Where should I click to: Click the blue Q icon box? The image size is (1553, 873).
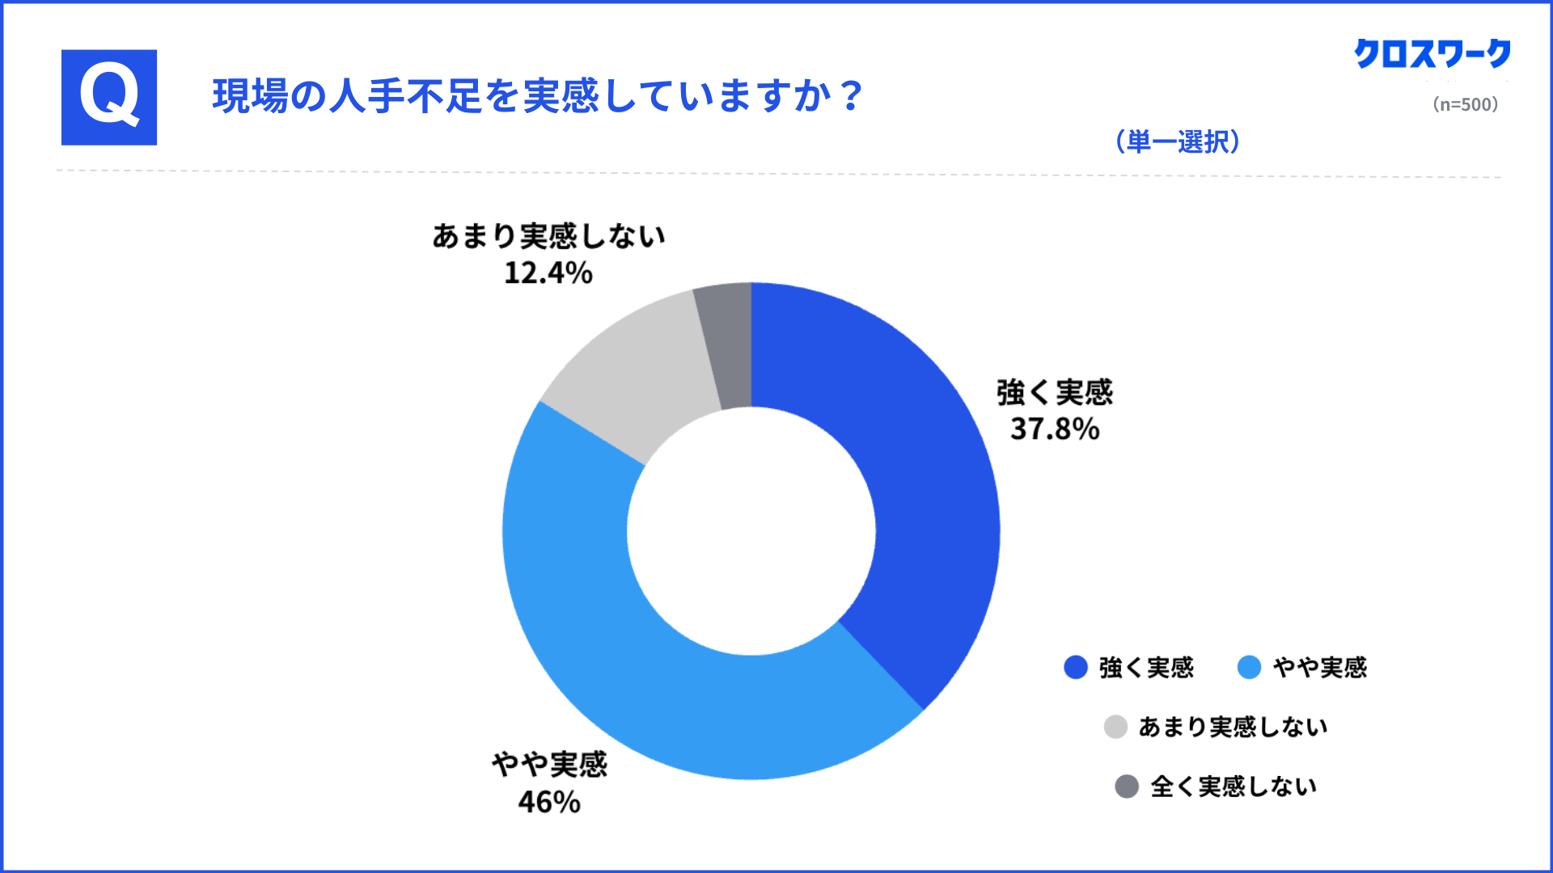pyautogui.click(x=109, y=98)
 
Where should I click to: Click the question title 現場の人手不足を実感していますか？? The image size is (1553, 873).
pyautogui.click(x=538, y=96)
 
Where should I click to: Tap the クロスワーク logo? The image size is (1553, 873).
pyautogui.click(x=1432, y=54)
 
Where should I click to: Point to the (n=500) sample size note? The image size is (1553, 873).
pyautogui.click(x=1465, y=104)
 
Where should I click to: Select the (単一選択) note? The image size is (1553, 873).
pyautogui.click(x=1177, y=141)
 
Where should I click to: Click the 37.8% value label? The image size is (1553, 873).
pyautogui.click(x=1055, y=429)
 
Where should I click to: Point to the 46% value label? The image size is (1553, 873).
pyautogui.click(x=549, y=802)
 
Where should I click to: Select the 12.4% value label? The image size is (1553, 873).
pyautogui.click(x=548, y=273)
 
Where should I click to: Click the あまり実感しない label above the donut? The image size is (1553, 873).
pyautogui.click(x=548, y=236)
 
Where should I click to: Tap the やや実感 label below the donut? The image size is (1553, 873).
pyautogui.click(x=549, y=765)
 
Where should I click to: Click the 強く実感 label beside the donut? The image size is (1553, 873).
pyautogui.click(x=1055, y=393)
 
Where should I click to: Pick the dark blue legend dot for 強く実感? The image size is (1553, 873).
pyautogui.click(x=1076, y=667)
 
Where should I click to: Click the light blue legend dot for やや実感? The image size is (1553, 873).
pyautogui.click(x=1249, y=667)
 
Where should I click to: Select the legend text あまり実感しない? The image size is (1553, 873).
pyautogui.click(x=1233, y=727)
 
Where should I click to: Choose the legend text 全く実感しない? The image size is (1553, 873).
pyautogui.click(x=1233, y=786)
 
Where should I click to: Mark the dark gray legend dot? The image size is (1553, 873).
pyautogui.click(x=1127, y=786)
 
